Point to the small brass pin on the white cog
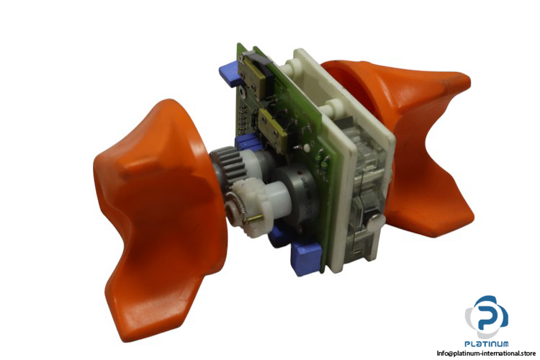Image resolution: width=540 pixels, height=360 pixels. point(256,217)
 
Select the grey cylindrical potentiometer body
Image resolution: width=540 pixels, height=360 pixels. point(298,193)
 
